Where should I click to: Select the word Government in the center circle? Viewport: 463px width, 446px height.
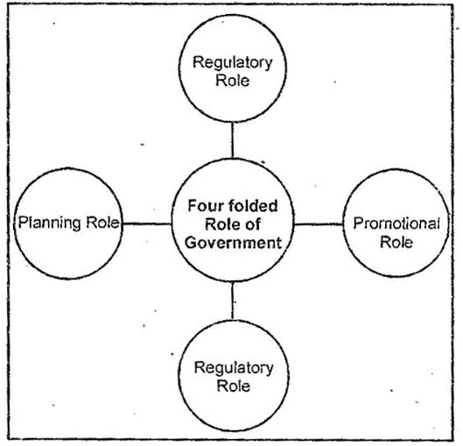(233, 242)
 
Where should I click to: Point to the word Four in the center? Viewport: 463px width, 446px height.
(205, 207)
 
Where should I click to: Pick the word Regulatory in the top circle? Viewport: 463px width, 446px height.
(232, 64)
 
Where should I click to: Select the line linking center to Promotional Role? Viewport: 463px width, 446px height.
(317, 223)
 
